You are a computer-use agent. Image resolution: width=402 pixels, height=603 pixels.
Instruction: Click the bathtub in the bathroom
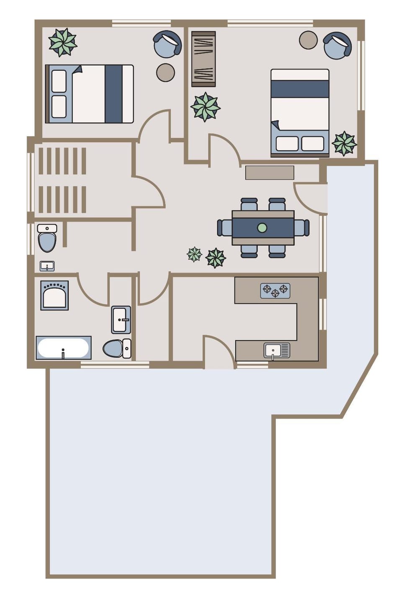tap(63, 348)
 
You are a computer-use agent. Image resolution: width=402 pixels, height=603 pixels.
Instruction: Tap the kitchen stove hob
tap(275, 291)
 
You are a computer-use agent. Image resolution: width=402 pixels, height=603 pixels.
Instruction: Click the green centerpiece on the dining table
tap(262, 228)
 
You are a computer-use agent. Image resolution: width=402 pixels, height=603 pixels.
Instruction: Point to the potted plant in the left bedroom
tap(63, 42)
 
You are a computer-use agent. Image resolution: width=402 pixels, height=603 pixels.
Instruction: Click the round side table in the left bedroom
tap(165, 72)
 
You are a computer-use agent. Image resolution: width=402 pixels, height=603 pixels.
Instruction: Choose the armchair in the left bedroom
tap(167, 44)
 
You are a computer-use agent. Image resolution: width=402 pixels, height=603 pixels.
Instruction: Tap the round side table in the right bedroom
tap(308, 40)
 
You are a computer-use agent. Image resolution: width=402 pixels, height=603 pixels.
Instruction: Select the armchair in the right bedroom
tap(337, 46)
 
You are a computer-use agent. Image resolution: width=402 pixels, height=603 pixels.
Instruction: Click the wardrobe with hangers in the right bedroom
tap(204, 59)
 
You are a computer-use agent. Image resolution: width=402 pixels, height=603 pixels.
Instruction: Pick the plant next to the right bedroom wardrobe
tap(205, 107)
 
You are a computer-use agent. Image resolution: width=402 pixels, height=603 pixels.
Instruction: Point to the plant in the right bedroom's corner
tap(344, 144)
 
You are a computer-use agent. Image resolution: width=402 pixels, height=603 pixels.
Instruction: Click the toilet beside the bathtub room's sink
tap(117, 348)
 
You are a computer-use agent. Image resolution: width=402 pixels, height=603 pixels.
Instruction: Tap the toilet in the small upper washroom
tap(47, 238)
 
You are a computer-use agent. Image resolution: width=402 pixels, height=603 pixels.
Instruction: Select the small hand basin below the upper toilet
tap(47, 266)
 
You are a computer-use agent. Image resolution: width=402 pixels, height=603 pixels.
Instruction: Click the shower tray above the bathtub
tap(54, 295)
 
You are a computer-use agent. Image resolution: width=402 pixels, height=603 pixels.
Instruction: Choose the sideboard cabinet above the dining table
tap(270, 173)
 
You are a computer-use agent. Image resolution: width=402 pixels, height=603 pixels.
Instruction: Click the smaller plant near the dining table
tap(194, 254)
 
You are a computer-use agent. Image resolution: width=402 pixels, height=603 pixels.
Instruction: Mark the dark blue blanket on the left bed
tap(113, 94)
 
